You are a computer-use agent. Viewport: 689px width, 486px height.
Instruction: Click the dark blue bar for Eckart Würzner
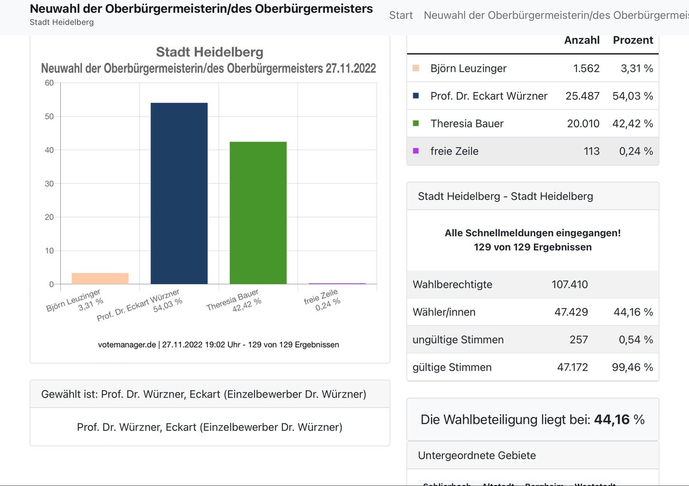click(179, 193)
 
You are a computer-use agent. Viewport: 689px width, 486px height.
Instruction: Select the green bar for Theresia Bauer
click(258, 213)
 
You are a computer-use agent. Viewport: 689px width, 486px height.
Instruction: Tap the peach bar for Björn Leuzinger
click(100, 278)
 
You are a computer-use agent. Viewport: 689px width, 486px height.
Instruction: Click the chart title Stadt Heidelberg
click(210, 52)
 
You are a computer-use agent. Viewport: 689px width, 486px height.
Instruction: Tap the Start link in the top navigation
click(401, 15)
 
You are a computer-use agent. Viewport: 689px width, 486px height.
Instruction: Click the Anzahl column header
click(582, 40)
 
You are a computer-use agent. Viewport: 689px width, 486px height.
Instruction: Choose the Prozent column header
click(633, 40)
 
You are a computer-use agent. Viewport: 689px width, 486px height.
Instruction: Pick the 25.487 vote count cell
click(582, 96)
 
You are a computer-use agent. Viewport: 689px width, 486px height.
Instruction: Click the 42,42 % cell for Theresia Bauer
click(633, 124)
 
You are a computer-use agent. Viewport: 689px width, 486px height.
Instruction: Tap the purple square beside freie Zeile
click(416, 151)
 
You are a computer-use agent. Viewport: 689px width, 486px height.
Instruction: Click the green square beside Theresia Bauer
click(416, 123)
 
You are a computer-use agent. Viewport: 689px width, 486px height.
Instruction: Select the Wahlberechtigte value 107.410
click(569, 284)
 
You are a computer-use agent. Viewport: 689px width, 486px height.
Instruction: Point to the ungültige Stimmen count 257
click(578, 340)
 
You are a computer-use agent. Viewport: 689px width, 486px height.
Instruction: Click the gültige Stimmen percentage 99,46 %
click(633, 367)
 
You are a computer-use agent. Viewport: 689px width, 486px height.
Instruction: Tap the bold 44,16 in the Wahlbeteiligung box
click(611, 419)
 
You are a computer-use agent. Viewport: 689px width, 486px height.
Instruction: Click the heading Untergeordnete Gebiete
click(477, 456)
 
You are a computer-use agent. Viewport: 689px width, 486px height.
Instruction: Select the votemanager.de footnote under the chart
click(218, 345)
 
